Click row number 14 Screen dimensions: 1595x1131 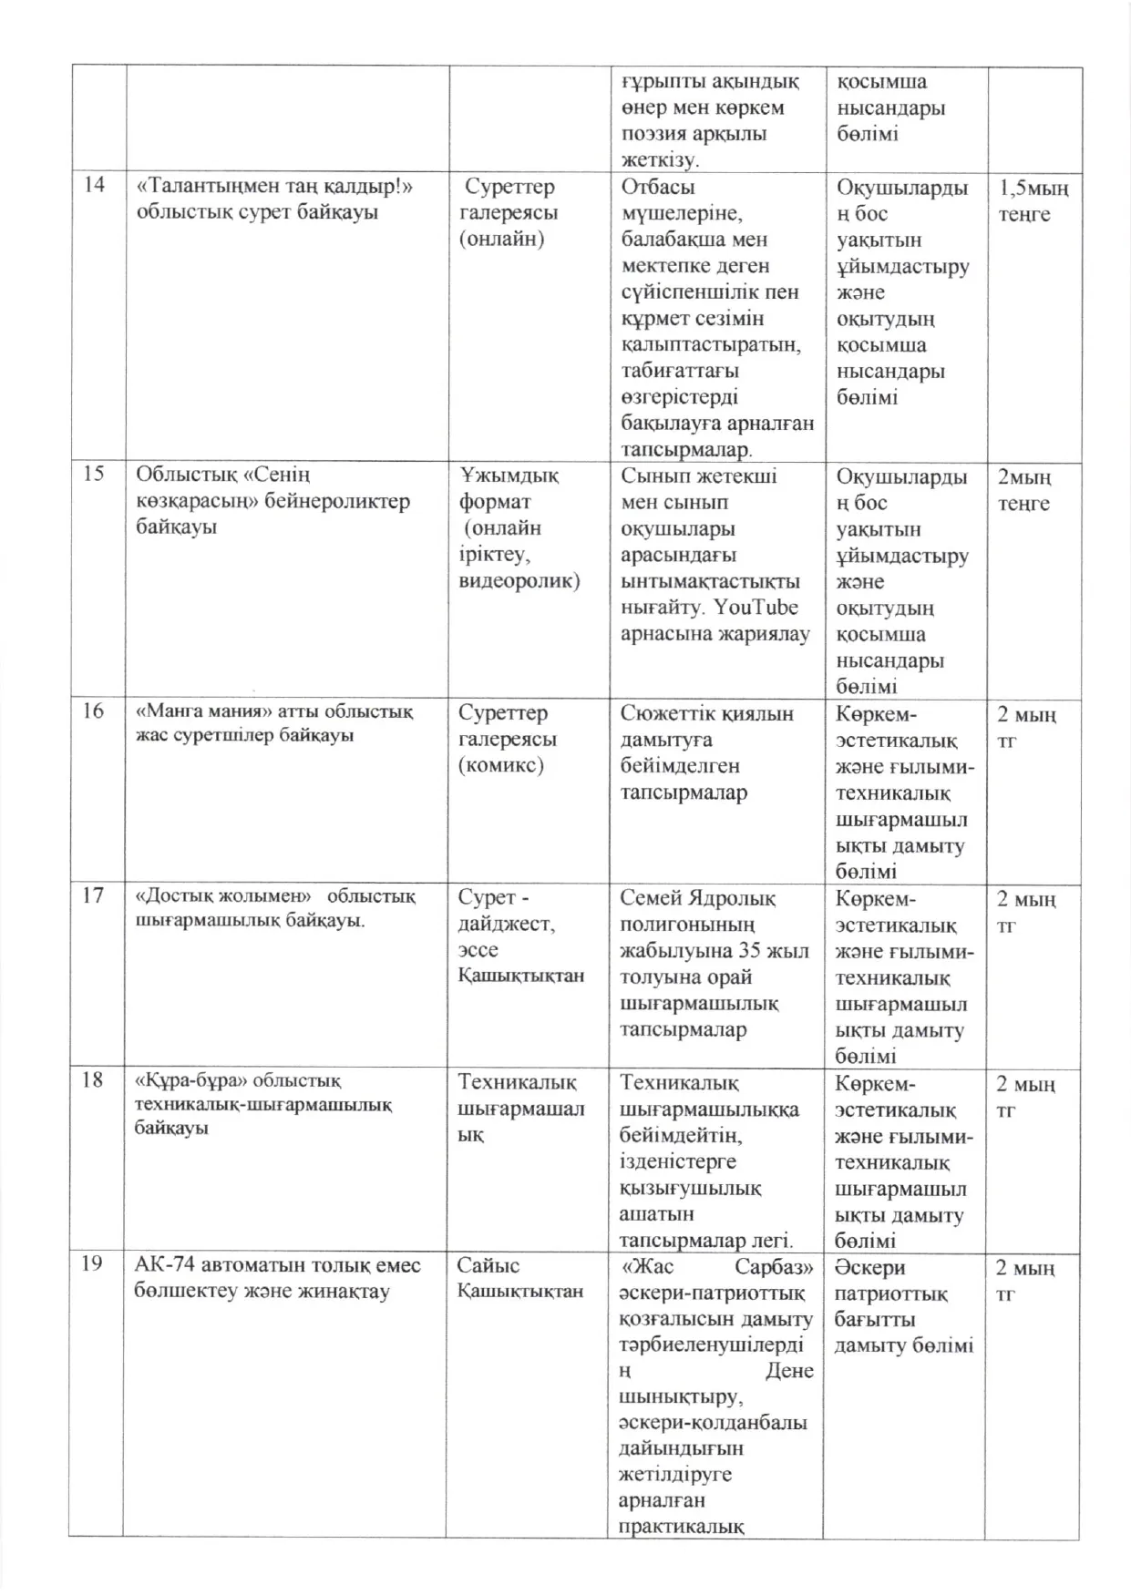tap(94, 185)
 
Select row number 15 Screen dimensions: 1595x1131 tap(94, 474)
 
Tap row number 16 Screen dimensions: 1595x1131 tap(94, 711)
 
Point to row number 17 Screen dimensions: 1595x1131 tap(93, 895)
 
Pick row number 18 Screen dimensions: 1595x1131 tap(93, 1080)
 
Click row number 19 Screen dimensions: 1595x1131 tap(93, 1264)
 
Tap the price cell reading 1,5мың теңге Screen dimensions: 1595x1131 tap(1033, 201)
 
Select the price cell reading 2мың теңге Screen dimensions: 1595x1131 tap(1023, 490)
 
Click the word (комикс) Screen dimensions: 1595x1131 tap(501, 764)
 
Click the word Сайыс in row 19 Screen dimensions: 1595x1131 tap(488, 1265)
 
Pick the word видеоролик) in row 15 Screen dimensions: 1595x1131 tap(519, 580)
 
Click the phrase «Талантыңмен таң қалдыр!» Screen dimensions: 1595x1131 tap(274, 187)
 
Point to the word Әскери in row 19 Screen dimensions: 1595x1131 tap(869, 1267)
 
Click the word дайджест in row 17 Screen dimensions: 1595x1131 tap(504, 924)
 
